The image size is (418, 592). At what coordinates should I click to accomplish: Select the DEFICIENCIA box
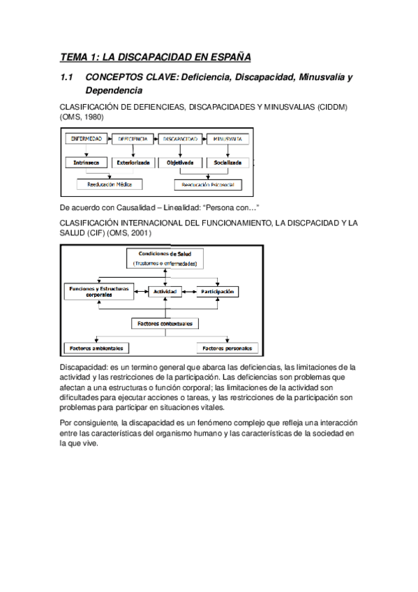click(x=133, y=139)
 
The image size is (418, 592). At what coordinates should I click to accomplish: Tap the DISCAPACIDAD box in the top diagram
click(x=181, y=139)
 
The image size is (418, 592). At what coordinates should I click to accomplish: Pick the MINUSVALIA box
click(x=228, y=139)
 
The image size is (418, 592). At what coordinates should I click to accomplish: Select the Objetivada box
click(x=180, y=162)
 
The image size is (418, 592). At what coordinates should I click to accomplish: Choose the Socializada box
click(x=227, y=162)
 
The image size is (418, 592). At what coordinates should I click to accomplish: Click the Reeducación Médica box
click(x=110, y=184)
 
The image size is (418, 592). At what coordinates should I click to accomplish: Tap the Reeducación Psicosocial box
click(x=207, y=185)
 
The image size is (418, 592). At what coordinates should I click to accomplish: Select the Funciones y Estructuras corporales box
click(x=98, y=292)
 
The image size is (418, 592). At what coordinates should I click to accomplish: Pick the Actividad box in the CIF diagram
click(x=163, y=290)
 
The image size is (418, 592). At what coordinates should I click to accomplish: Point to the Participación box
click(x=217, y=290)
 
